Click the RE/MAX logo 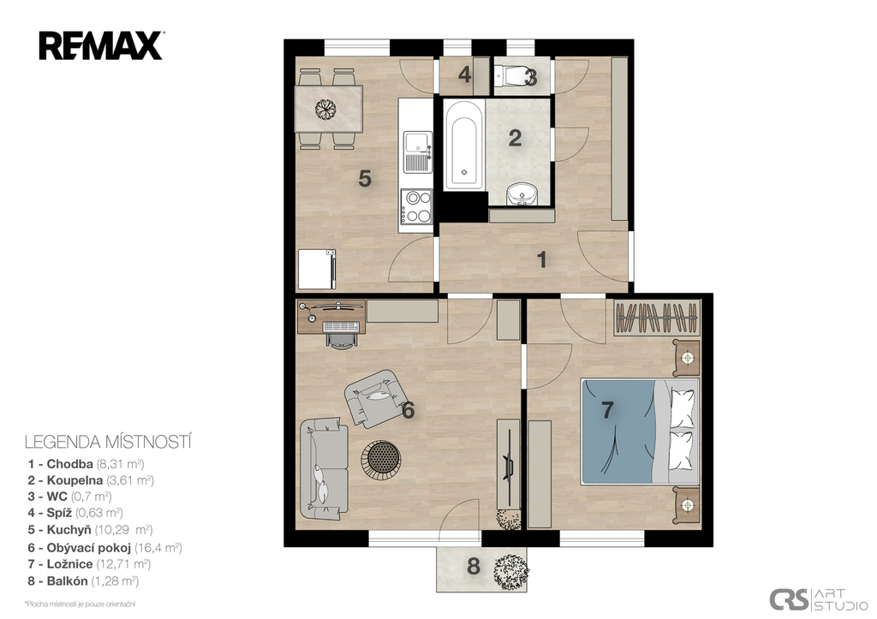[101, 46]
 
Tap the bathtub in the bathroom [463, 145]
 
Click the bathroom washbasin [522, 193]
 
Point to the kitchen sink [418, 152]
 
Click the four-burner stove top [416, 207]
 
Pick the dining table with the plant [329, 109]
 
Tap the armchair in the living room [375, 398]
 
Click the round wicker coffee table [380, 459]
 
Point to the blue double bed [640, 432]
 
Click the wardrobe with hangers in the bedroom [657, 318]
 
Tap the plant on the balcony [510, 571]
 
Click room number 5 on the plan [365, 180]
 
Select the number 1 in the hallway [541, 260]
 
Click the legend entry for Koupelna [91, 480]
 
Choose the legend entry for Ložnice [89, 564]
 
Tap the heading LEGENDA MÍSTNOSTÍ [108, 443]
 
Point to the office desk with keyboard [331, 318]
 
